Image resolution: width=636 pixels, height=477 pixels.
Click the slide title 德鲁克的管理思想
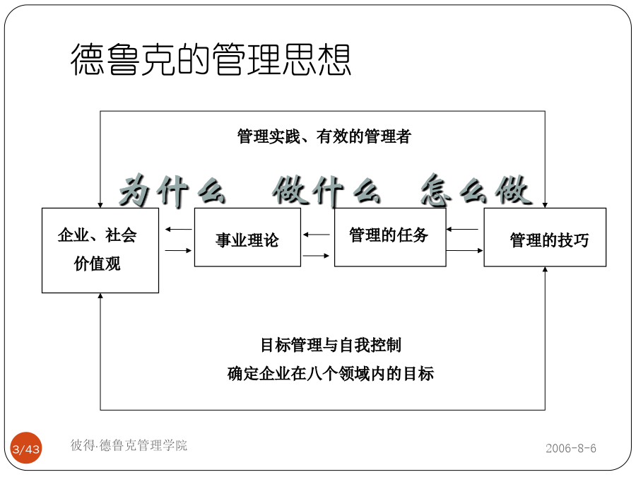pyautogui.click(x=211, y=59)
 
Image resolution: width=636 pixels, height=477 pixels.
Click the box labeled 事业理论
pyautogui.click(x=247, y=237)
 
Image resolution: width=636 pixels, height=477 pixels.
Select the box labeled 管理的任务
pyautogui.click(x=390, y=237)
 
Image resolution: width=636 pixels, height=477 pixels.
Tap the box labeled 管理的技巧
pyautogui.click(x=545, y=237)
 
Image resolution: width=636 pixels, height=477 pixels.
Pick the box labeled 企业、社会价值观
pyautogui.click(x=100, y=250)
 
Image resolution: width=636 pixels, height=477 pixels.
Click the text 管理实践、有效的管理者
pyautogui.click(x=324, y=136)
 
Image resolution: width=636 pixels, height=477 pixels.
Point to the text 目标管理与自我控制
pyautogui.click(x=331, y=345)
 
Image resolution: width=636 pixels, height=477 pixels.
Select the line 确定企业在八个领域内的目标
pyautogui.click(x=331, y=374)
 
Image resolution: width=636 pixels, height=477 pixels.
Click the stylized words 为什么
pyautogui.click(x=172, y=191)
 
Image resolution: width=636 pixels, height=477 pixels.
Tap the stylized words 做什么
pyautogui.click(x=326, y=191)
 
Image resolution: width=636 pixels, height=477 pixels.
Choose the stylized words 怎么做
pyautogui.click(x=476, y=191)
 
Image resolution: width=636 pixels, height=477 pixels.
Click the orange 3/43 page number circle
pyautogui.click(x=26, y=448)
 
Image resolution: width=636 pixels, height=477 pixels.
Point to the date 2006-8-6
pyautogui.click(x=571, y=448)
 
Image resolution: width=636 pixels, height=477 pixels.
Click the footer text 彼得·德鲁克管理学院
pyautogui.click(x=129, y=445)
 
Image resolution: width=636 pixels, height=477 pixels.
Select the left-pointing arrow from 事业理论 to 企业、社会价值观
pyautogui.click(x=179, y=230)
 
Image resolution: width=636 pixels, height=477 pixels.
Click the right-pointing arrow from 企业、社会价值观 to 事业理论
pyautogui.click(x=179, y=251)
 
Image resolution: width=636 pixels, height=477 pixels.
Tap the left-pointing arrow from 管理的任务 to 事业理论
pyautogui.click(x=317, y=235)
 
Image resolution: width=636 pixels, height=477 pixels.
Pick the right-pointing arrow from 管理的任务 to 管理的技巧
pyautogui.click(x=465, y=251)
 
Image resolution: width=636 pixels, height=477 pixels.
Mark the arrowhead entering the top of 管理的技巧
pyautogui.click(x=545, y=205)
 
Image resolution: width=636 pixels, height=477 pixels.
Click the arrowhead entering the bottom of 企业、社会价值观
pyautogui.click(x=100, y=295)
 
